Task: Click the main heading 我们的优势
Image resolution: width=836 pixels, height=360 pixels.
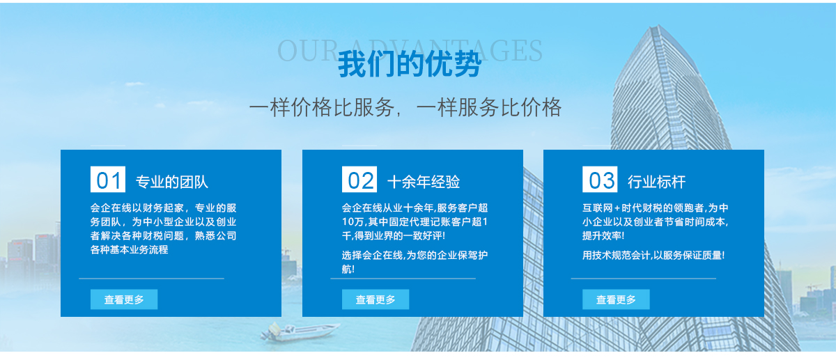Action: coord(410,64)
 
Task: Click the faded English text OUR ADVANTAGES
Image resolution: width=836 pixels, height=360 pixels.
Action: coord(410,50)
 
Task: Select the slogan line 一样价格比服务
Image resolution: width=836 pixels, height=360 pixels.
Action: coord(322,107)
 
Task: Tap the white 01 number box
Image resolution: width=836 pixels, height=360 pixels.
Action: coord(108,180)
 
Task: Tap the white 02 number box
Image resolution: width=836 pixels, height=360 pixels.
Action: coord(359,180)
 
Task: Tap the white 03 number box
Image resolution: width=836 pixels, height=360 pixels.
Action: coord(600,180)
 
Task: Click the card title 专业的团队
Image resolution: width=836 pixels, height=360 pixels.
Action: coord(171,182)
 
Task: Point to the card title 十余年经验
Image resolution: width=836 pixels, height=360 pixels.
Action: coord(424,182)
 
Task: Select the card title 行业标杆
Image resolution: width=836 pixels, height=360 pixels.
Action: coord(656,182)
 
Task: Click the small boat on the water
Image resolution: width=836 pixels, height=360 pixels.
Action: coord(300,331)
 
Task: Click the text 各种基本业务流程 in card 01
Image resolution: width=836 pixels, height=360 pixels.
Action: coord(129,249)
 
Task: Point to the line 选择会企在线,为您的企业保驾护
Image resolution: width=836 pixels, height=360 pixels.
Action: coord(415,255)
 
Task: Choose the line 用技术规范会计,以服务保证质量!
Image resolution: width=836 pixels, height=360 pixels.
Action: coord(653,255)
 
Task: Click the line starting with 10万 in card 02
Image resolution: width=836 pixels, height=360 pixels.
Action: coord(415,222)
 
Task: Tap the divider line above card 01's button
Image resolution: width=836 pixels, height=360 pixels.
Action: coord(152,279)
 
